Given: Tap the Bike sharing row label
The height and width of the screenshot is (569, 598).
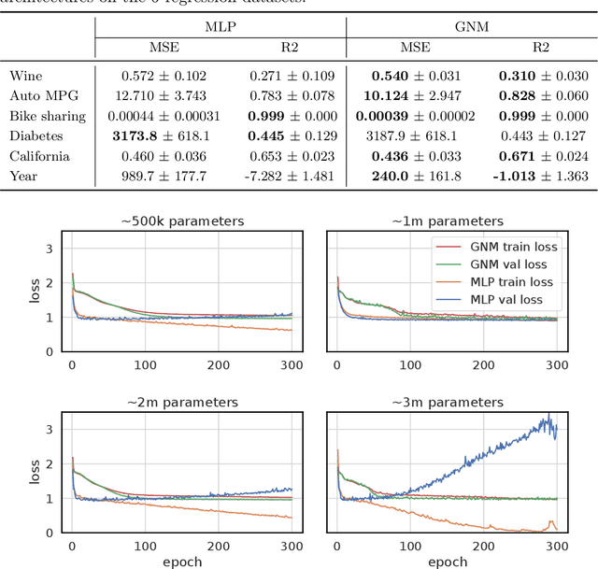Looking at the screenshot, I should point(48,116).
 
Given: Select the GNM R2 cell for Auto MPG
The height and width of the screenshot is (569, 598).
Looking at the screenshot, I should point(535,95).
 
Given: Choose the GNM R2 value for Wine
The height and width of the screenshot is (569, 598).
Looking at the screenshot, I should point(535,75).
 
